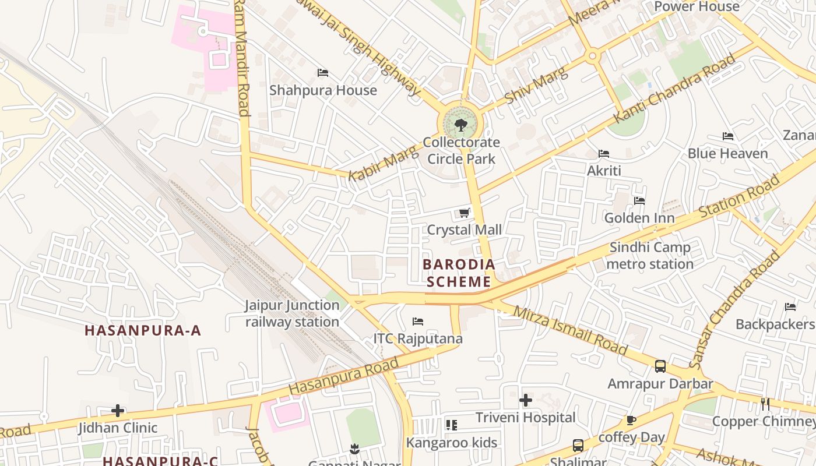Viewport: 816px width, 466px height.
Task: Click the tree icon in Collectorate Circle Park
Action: tap(460, 125)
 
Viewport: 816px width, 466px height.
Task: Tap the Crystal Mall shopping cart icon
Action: tap(465, 213)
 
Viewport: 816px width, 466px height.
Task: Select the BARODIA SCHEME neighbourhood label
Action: tap(457, 273)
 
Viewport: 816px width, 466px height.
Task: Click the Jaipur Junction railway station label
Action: tap(292, 313)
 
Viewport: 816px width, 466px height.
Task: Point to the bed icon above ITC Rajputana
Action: tap(418, 322)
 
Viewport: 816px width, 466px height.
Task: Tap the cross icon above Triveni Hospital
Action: tap(526, 400)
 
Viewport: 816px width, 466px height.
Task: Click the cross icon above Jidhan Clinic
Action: tap(118, 411)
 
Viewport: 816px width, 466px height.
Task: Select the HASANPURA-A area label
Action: tap(143, 331)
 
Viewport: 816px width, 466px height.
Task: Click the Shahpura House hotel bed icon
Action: tap(323, 73)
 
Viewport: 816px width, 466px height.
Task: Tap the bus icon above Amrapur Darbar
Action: tap(660, 366)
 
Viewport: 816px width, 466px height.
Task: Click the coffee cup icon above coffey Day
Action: tap(631, 420)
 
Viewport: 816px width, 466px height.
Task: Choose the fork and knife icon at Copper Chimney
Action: tap(765, 404)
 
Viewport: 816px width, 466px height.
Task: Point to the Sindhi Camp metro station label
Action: tap(650, 256)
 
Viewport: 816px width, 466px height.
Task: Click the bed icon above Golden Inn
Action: tap(639, 201)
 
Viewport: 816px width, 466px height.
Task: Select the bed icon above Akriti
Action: tap(604, 154)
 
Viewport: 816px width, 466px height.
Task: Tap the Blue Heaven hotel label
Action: tap(727, 154)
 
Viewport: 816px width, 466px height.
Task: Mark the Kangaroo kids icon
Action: tap(452, 425)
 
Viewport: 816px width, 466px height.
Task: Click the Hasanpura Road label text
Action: tap(344, 375)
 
